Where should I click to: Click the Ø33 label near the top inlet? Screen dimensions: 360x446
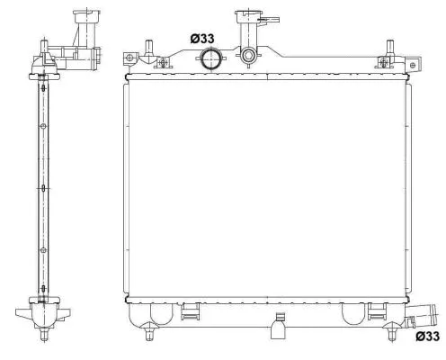click(202, 39)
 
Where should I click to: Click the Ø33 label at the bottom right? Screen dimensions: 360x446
click(427, 337)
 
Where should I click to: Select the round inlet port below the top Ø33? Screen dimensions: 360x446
click(211, 60)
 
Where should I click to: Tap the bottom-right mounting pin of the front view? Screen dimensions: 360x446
click(391, 335)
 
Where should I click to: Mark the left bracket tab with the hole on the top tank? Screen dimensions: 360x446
click(131, 59)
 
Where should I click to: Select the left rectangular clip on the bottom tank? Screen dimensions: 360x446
click(190, 311)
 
